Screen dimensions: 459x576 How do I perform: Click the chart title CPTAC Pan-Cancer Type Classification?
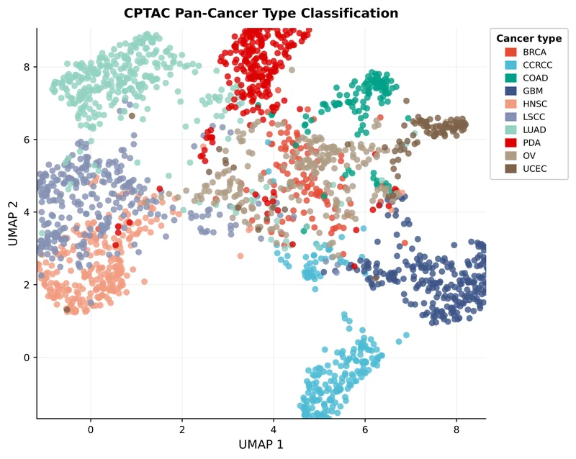click(x=261, y=13)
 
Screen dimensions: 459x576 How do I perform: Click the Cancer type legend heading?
click(x=529, y=39)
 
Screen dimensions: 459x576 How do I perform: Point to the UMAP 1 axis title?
click(x=261, y=445)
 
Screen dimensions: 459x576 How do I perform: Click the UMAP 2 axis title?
click(x=13, y=223)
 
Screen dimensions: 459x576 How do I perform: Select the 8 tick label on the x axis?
click(x=456, y=430)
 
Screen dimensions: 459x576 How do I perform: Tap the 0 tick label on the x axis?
click(x=91, y=430)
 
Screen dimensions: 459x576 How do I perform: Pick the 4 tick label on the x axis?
click(x=274, y=430)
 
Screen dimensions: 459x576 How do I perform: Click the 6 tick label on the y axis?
click(x=27, y=140)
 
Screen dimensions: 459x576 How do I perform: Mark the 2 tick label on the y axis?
click(x=27, y=284)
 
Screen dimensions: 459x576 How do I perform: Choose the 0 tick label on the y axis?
click(x=27, y=357)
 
